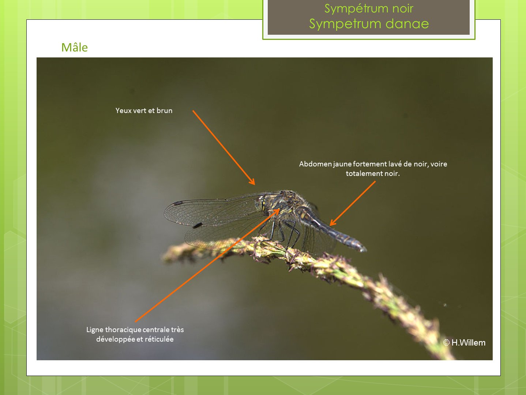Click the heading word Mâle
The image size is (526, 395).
click(x=75, y=48)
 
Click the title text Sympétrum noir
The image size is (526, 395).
click(x=369, y=9)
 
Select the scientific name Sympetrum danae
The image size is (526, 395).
click(x=369, y=24)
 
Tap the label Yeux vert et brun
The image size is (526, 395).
click(x=144, y=110)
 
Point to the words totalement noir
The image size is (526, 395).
click(x=373, y=173)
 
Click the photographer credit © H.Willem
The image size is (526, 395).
click(x=464, y=343)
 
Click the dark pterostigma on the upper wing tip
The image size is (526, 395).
click(x=178, y=203)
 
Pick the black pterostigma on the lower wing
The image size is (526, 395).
click(x=198, y=225)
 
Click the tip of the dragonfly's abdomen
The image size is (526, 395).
click(x=365, y=250)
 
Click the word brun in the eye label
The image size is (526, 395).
click(x=164, y=110)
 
